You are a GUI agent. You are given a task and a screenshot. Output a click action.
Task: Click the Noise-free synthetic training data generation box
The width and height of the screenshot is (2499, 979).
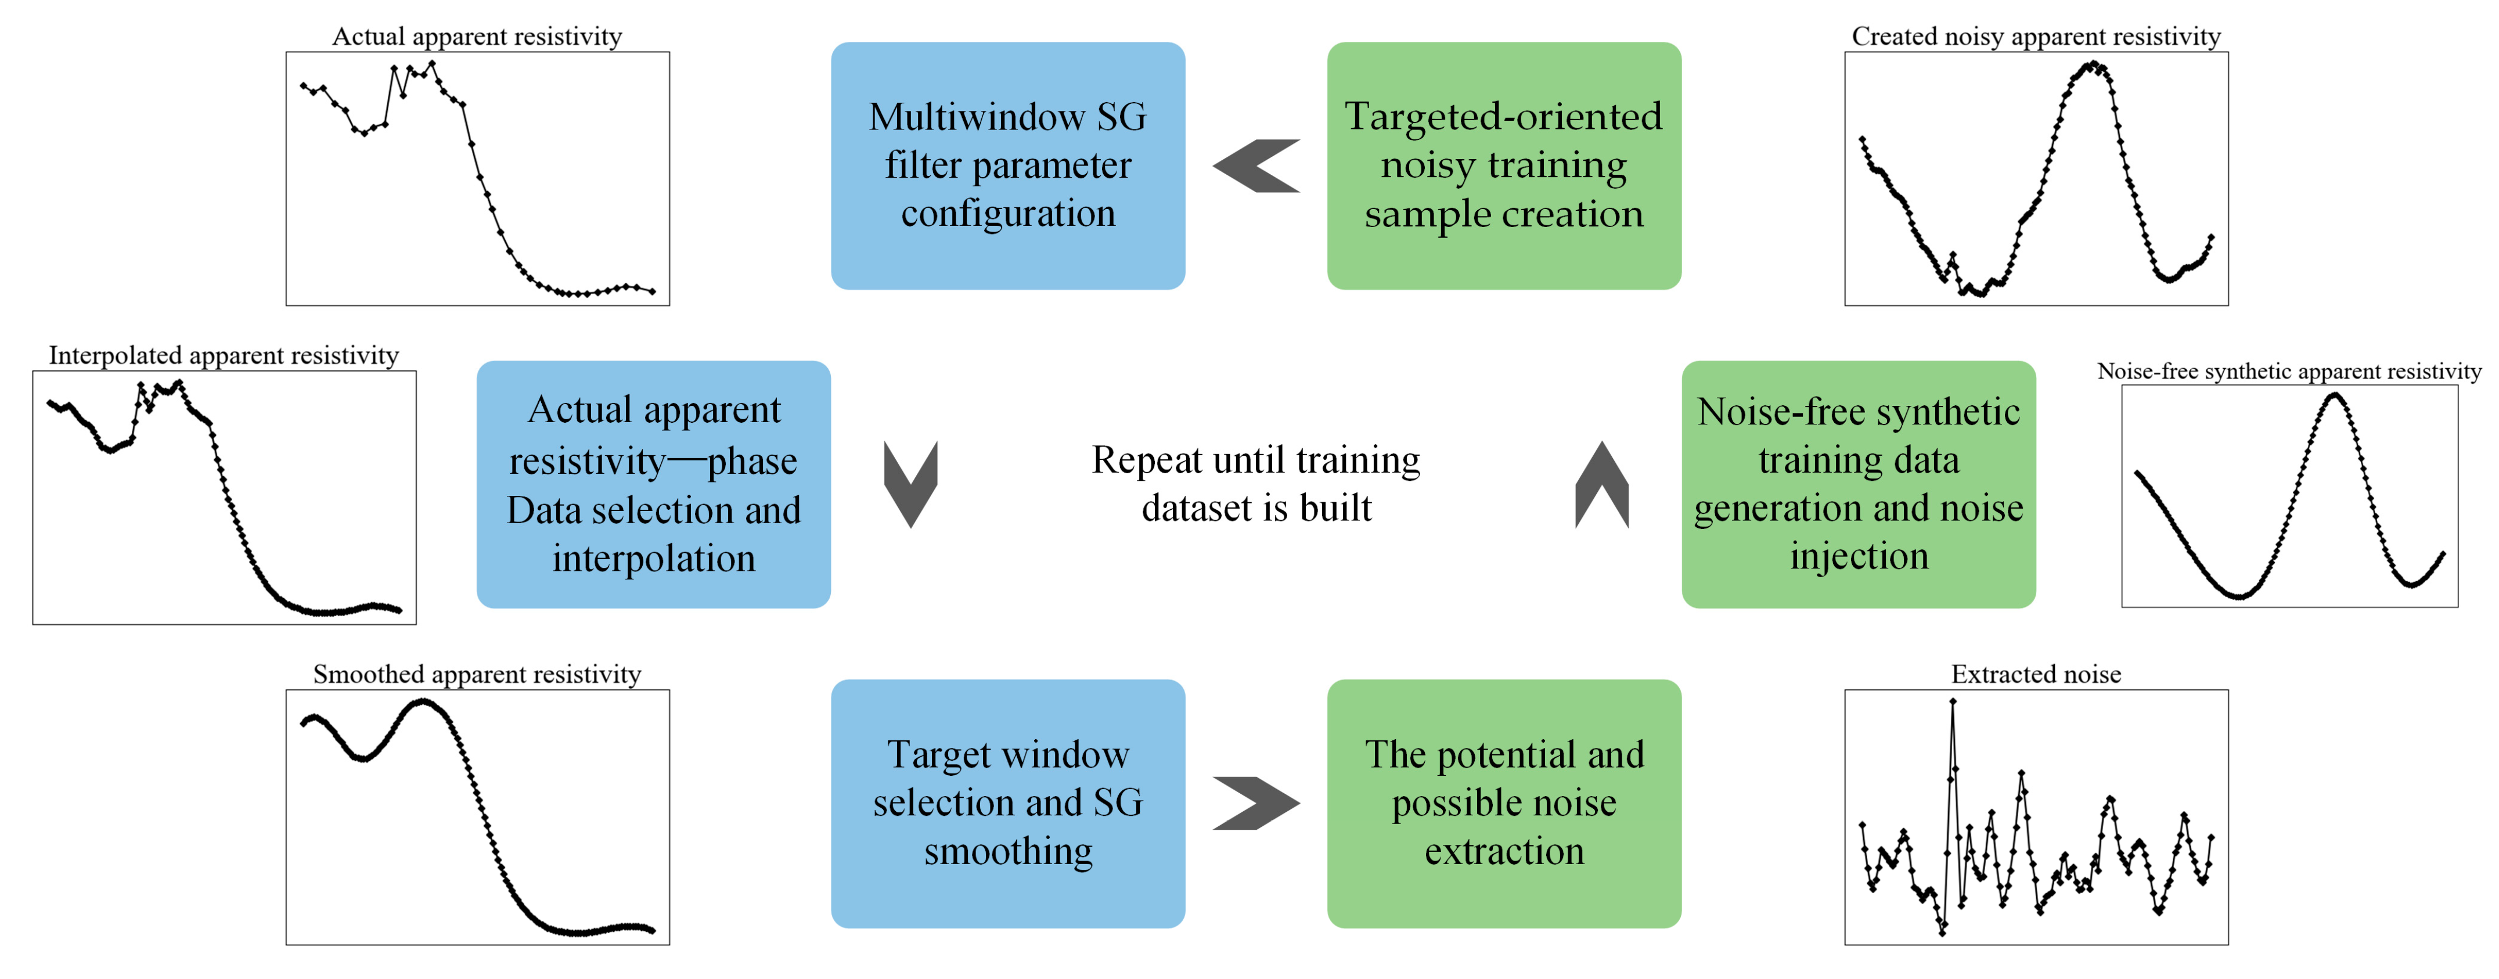(1858, 484)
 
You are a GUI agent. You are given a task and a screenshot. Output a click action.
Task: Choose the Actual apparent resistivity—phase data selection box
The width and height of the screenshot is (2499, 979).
(653, 484)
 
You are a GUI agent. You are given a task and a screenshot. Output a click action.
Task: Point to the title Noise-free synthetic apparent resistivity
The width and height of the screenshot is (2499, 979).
(2288, 370)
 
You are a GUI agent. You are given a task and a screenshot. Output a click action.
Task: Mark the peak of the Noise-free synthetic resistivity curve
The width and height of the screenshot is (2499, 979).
(2335, 395)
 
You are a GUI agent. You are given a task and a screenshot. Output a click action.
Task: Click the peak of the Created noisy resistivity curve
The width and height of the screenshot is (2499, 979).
(2094, 65)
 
